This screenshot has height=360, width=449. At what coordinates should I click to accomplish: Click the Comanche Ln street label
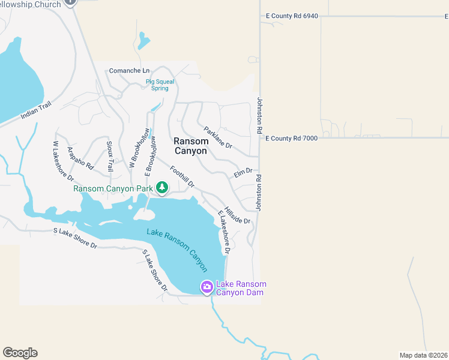[129, 71]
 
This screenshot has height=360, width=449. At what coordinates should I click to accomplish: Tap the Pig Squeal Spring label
[157, 85]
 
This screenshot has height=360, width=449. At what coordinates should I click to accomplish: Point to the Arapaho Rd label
[80, 158]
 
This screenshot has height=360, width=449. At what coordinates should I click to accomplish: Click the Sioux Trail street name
[110, 157]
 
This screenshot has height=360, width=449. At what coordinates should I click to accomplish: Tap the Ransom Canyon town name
[190, 146]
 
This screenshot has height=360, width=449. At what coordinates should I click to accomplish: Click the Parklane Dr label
[218, 138]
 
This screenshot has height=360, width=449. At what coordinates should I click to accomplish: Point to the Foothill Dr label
[182, 177]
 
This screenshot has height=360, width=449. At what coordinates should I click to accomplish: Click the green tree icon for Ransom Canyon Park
[161, 188]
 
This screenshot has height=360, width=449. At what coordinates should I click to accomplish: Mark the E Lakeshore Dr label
[223, 232]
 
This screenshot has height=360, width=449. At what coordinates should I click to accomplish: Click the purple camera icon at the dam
[206, 287]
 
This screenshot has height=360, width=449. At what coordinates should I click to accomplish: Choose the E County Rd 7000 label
[291, 138]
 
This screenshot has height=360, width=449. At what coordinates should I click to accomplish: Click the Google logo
[20, 353]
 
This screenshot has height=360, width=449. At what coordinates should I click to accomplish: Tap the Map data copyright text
[423, 355]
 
